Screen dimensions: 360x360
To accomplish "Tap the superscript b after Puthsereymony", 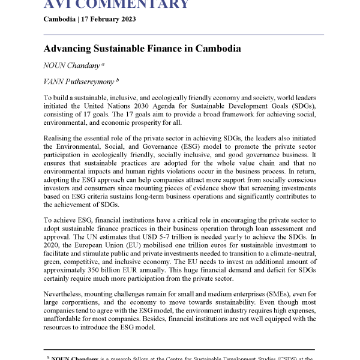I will coord(118,78).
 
